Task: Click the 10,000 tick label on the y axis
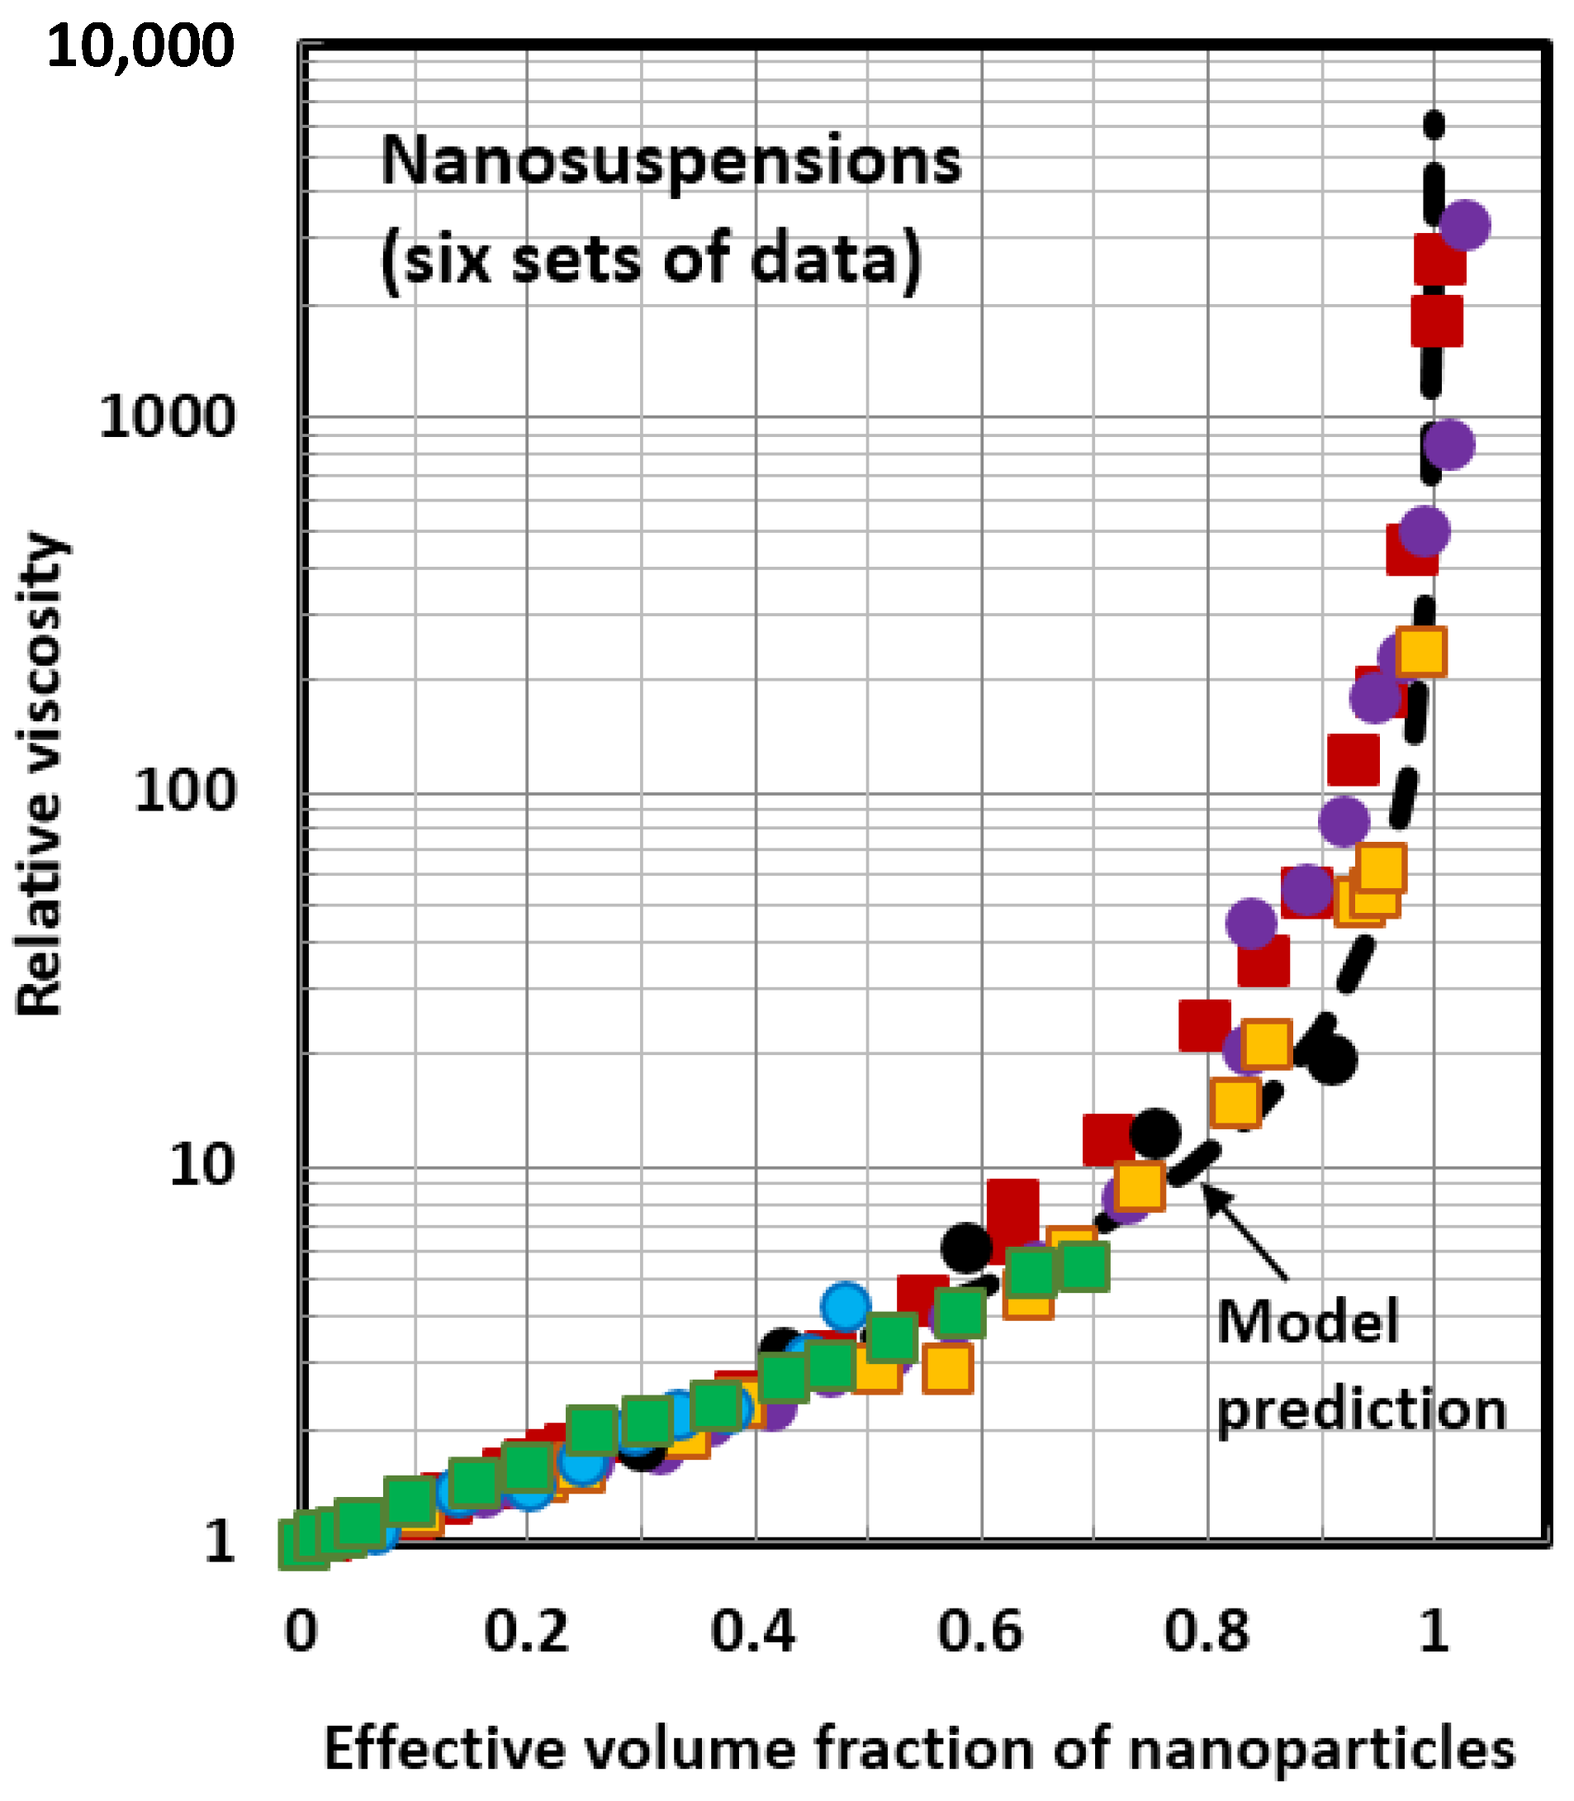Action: pos(140,45)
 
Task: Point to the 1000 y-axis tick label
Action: pos(167,416)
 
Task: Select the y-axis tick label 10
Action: pos(202,1166)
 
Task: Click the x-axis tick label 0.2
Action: pos(527,1632)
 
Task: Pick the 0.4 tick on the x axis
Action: pos(754,1632)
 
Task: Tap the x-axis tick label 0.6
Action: pos(980,1632)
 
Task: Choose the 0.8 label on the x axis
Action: pos(1207,1632)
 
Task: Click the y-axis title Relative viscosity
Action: pos(40,773)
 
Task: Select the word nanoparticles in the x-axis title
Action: pos(1322,1748)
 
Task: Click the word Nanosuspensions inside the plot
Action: pos(672,162)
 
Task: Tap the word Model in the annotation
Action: pos(1307,1321)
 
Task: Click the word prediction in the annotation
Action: pos(1362,1409)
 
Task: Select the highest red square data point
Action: pos(1439,259)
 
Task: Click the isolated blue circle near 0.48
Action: pos(846,1304)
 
